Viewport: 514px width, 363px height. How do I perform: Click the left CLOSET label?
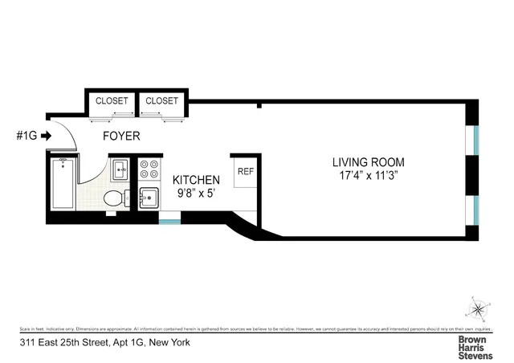click(112, 101)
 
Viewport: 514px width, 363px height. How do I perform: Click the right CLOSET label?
click(161, 101)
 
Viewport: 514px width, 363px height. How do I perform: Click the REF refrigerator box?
click(245, 171)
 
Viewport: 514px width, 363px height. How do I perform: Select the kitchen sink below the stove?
click(149, 198)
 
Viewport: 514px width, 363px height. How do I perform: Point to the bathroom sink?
click(120, 169)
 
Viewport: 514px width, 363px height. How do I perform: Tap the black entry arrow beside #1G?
click(47, 137)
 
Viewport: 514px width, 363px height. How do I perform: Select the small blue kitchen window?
click(169, 218)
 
